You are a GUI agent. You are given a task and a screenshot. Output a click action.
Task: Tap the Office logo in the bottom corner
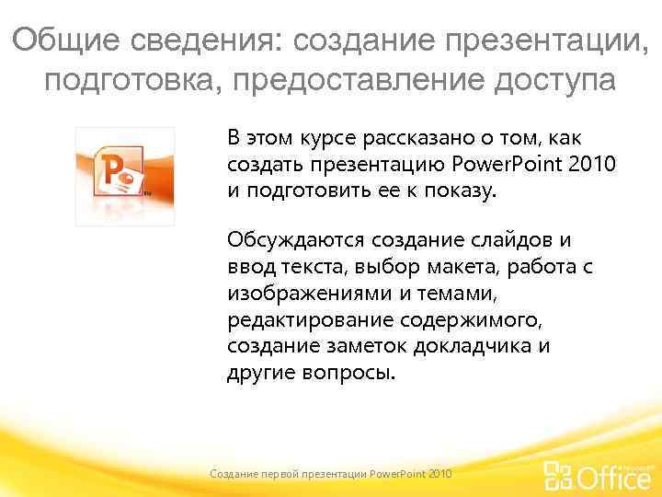(598, 475)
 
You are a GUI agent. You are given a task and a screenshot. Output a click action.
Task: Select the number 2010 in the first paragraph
(593, 165)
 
